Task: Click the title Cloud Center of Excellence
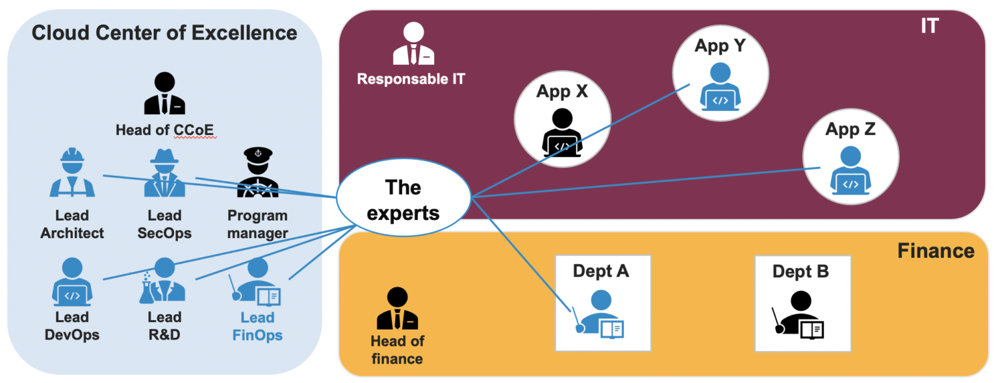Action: (164, 32)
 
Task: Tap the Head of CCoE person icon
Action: (164, 94)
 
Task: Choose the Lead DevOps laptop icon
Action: (72, 282)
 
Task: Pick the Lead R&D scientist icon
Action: (162, 282)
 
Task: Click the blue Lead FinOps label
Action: (257, 327)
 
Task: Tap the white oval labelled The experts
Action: (403, 200)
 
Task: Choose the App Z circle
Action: (851, 156)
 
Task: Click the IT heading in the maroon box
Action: (930, 26)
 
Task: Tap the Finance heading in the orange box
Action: (936, 251)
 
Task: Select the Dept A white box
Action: (603, 303)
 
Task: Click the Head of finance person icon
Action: (397, 309)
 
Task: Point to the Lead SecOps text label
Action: (164, 224)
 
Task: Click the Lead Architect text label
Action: (72, 224)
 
